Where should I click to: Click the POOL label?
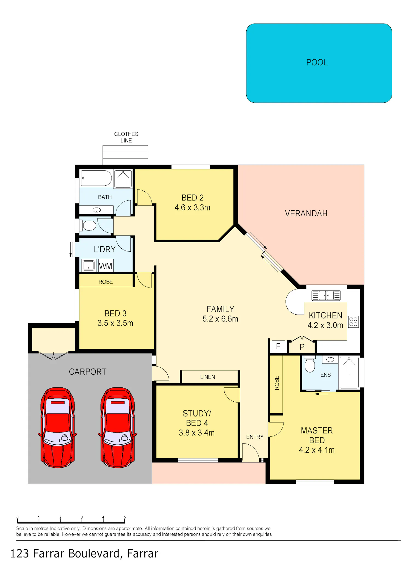point(317,62)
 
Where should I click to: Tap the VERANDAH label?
point(306,213)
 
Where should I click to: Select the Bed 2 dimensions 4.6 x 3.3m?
point(192,208)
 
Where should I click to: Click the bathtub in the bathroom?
point(96,178)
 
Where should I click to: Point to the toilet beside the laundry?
point(88,226)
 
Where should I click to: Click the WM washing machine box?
point(105,265)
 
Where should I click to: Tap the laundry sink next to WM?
point(89,265)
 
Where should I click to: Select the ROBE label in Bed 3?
point(105,282)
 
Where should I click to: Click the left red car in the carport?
point(58,427)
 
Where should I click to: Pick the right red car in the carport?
point(118,427)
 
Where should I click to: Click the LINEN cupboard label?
point(207,377)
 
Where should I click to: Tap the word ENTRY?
point(255,437)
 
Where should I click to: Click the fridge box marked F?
point(278,346)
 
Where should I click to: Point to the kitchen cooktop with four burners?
point(353,322)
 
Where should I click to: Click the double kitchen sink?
point(326,295)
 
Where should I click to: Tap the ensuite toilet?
point(310,364)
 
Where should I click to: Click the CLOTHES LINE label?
point(126,137)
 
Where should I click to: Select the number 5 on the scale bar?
point(125,517)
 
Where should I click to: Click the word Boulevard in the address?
point(94,554)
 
